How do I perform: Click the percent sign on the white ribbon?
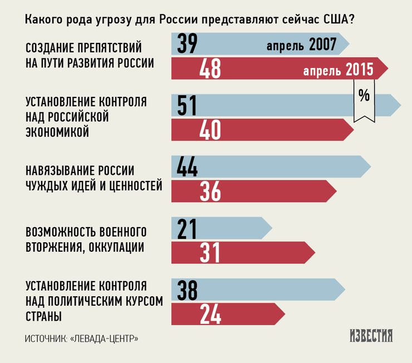[x=364, y=96]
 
